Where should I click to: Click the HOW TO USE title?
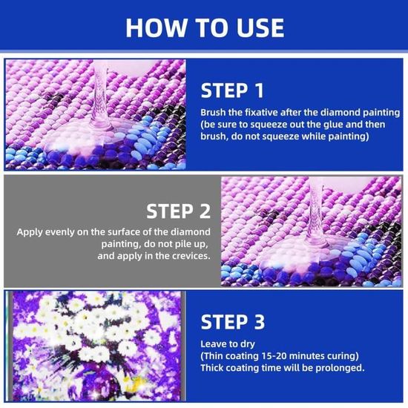[x=205, y=28]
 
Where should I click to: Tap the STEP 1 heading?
[x=232, y=91]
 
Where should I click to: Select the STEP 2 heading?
[x=178, y=211]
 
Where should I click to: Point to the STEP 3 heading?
[x=233, y=322]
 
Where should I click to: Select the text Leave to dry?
[x=228, y=344]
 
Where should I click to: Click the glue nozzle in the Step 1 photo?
[x=99, y=96]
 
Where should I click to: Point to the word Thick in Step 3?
[x=212, y=368]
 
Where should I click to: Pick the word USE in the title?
[x=260, y=28]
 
